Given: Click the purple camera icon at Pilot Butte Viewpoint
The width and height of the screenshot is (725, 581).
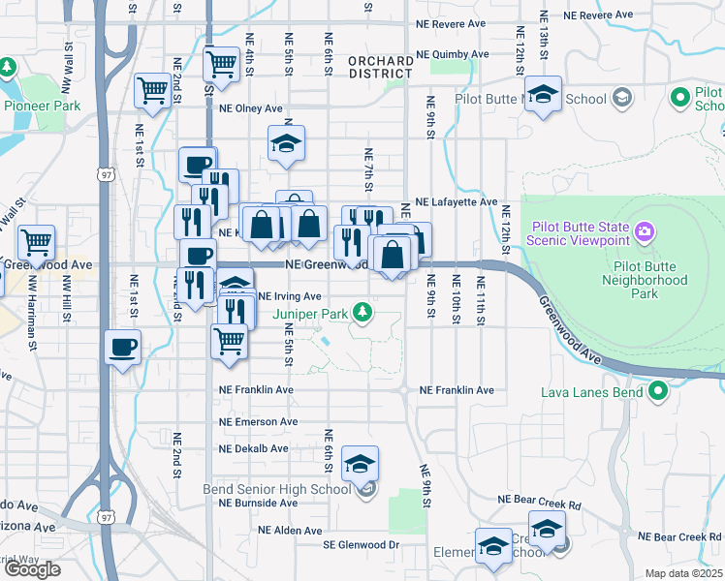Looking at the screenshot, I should [x=645, y=232].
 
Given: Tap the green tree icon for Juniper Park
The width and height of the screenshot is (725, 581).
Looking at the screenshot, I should [x=362, y=312].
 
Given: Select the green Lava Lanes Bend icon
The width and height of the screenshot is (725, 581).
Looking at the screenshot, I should [x=659, y=392].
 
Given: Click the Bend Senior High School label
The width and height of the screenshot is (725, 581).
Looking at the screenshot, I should [x=276, y=489].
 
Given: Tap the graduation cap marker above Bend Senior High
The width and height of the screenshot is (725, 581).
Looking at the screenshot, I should [x=360, y=465].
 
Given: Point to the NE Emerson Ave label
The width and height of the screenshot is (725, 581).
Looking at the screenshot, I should [x=258, y=422].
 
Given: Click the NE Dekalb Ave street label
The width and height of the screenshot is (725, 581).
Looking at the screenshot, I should [x=254, y=449].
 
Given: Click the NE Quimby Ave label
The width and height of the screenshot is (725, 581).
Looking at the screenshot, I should [x=452, y=54].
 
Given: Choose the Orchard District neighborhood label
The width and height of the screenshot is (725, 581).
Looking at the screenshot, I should [x=380, y=67].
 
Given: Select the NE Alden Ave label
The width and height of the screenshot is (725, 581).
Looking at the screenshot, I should [x=289, y=531].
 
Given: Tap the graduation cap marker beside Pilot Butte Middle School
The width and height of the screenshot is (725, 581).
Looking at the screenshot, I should [x=544, y=95].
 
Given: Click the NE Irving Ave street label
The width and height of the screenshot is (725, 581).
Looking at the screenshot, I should [x=290, y=296].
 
